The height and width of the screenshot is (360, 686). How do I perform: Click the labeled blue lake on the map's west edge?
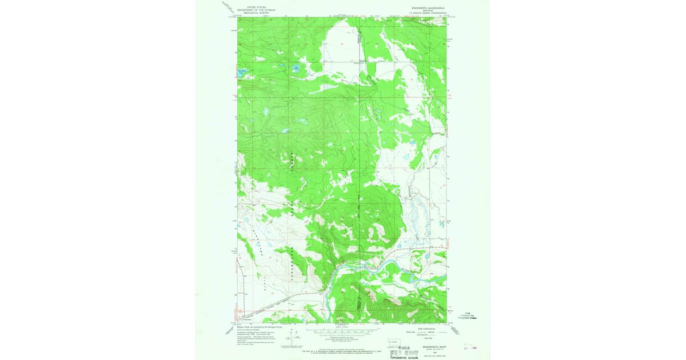coord(242,73)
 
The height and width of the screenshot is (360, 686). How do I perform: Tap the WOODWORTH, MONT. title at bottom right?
coord(432,346)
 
